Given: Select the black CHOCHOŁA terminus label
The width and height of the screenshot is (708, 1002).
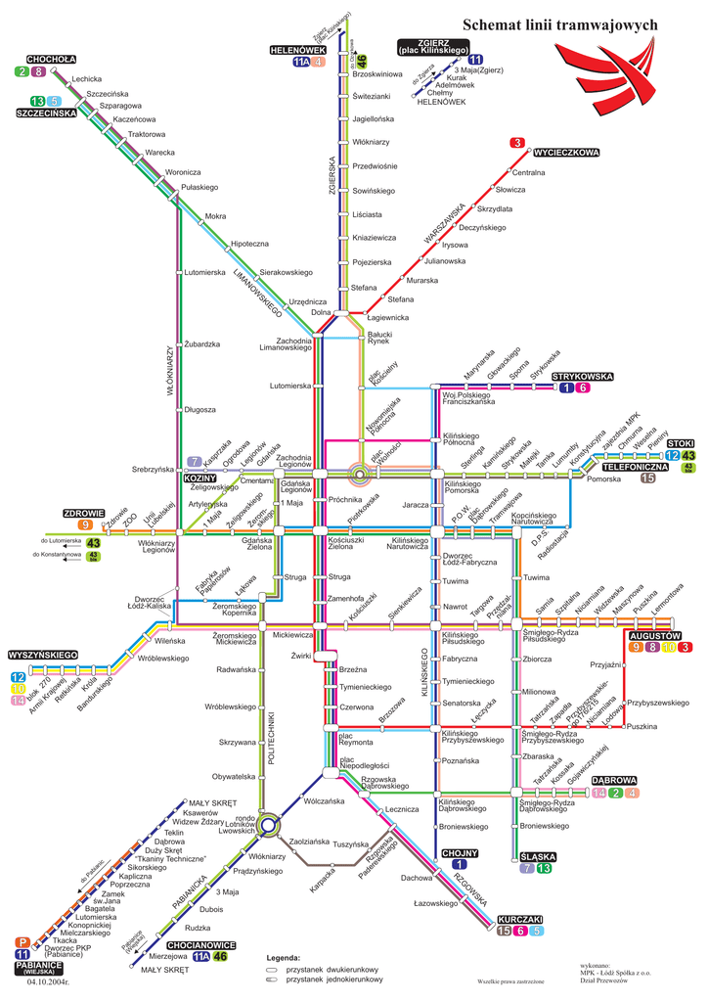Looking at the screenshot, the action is (x=51, y=59).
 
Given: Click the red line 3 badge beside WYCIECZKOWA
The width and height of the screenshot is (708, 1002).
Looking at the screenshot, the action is (x=516, y=144).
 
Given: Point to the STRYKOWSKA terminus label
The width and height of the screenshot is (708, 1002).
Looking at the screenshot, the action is (x=582, y=376).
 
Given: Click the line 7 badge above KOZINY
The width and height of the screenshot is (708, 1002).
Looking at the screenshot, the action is (x=195, y=462).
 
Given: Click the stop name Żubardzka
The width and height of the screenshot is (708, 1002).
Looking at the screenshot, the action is (x=202, y=344).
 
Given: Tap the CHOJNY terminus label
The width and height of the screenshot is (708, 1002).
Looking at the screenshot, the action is (x=459, y=853).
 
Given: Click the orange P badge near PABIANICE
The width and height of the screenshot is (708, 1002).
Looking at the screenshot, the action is (x=22, y=942).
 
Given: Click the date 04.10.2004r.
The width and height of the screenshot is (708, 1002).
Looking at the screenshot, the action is (x=49, y=981).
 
